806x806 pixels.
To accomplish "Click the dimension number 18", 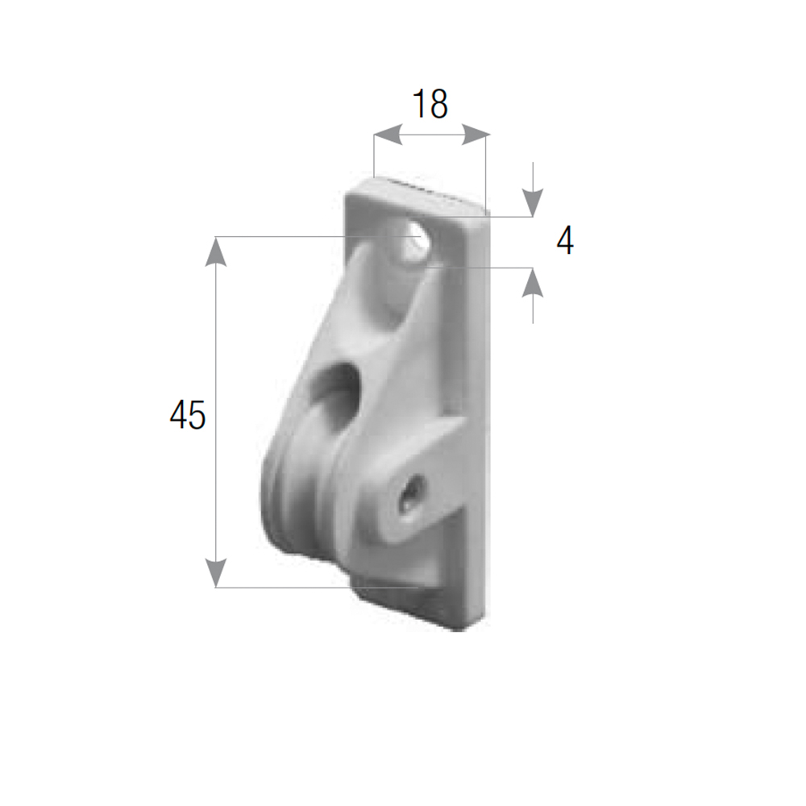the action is (x=430, y=104).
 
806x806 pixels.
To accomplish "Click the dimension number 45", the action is (x=188, y=415).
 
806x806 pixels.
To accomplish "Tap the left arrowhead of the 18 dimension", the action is (x=388, y=135).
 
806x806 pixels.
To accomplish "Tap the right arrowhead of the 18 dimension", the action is (x=476, y=135).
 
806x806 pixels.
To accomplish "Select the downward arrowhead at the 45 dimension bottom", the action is (x=215, y=572).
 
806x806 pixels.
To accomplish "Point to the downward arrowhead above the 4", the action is (x=533, y=203).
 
